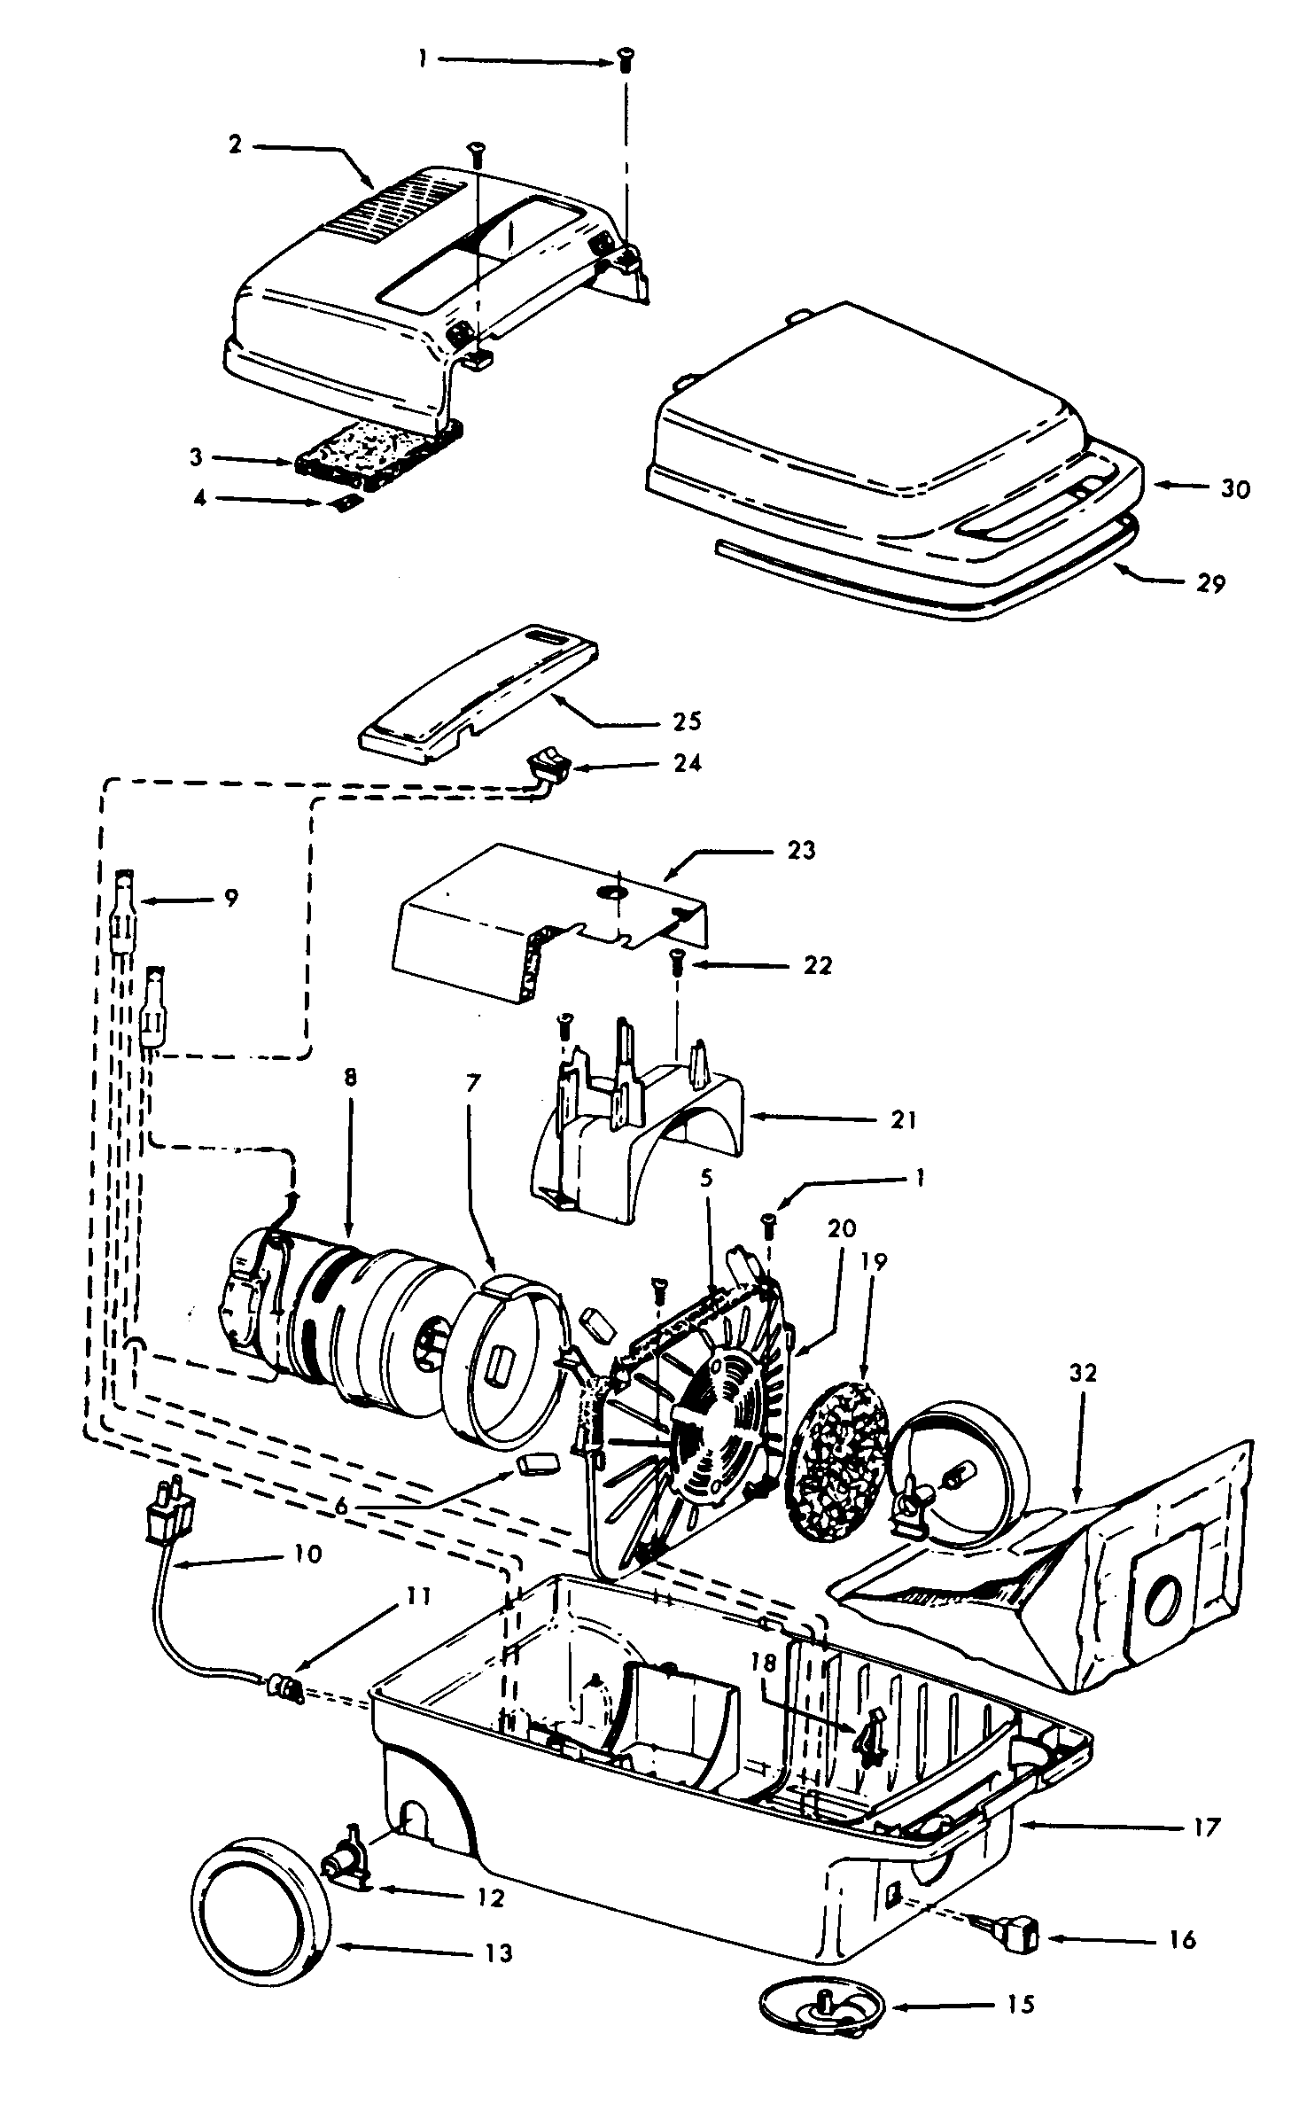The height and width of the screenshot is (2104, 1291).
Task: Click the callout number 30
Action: (1234, 488)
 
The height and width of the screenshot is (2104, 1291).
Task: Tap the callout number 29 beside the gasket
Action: (1210, 583)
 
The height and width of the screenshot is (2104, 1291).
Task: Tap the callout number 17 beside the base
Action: (1207, 1826)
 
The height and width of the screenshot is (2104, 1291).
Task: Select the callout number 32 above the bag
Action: (1083, 1374)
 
